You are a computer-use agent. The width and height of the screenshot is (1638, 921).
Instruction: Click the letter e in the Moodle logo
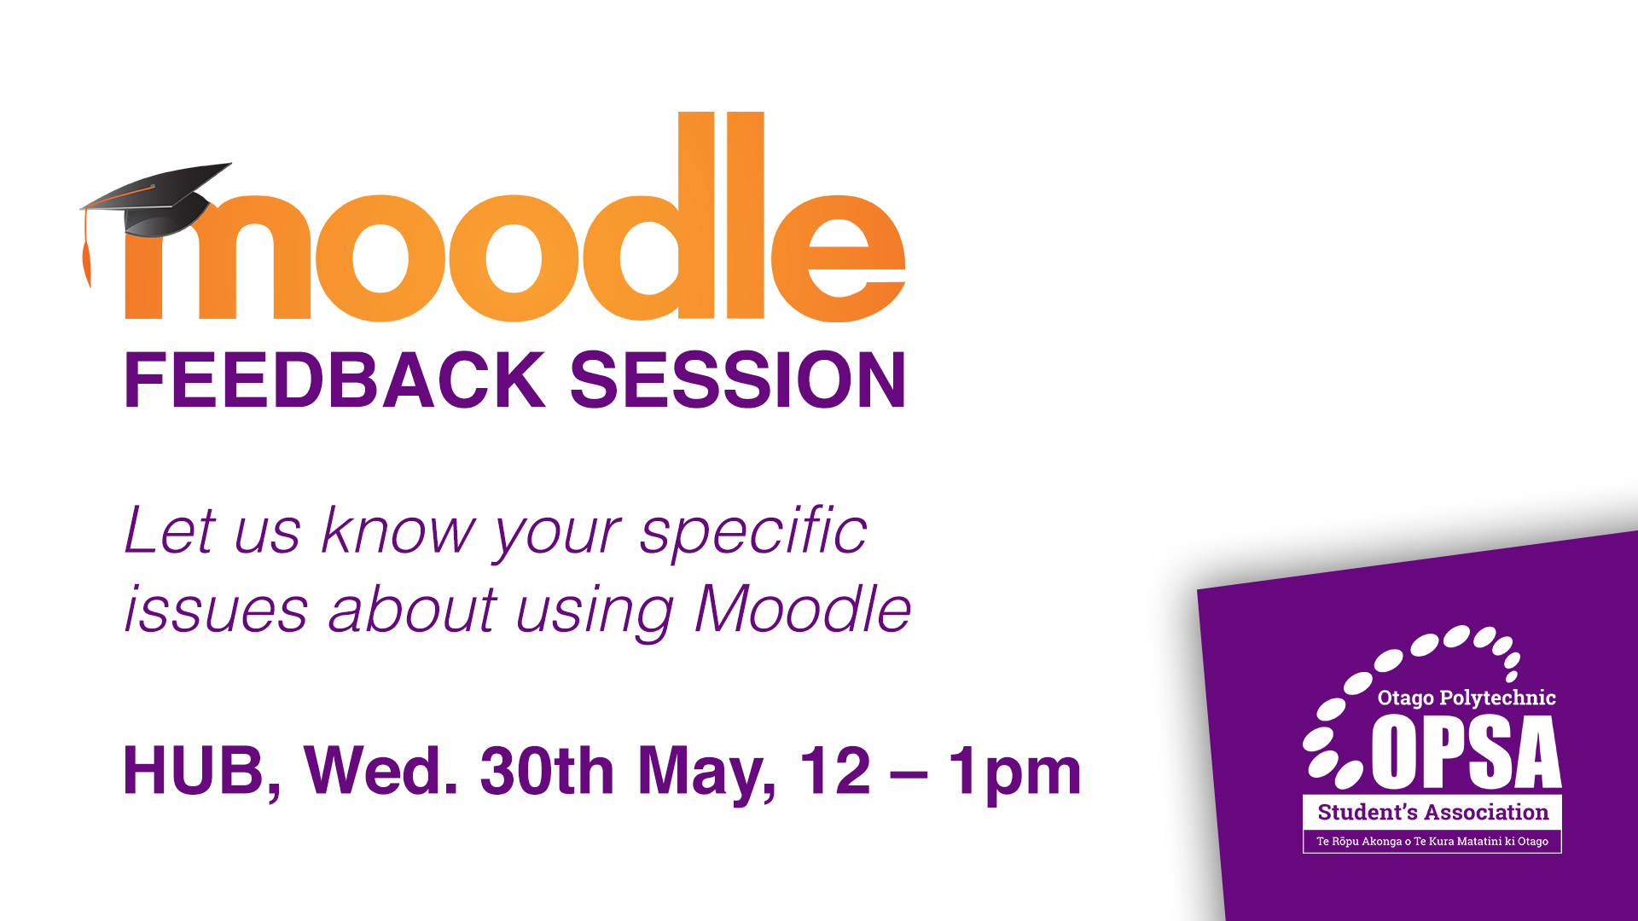click(x=839, y=258)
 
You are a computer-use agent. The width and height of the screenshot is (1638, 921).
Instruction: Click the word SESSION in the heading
click(x=738, y=380)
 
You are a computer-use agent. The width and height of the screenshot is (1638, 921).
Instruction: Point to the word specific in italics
click(x=753, y=533)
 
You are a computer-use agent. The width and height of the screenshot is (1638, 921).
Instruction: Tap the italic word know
click(x=398, y=530)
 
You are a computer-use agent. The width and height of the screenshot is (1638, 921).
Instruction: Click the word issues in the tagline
click(x=216, y=610)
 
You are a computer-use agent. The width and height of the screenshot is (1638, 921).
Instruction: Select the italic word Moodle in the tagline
click(x=803, y=609)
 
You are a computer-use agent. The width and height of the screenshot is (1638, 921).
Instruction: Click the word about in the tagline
click(x=412, y=609)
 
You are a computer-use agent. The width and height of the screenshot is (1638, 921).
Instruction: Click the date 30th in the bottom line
click(x=547, y=771)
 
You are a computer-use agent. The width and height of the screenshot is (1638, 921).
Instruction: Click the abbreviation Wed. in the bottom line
click(x=380, y=771)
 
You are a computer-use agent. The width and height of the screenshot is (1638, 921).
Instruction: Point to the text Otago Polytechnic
click(x=1467, y=698)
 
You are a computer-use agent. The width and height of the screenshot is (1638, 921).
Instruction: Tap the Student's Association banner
click(x=1432, y=812)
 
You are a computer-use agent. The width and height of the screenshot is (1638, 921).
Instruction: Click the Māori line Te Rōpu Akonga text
click(x=1432, y=841)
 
